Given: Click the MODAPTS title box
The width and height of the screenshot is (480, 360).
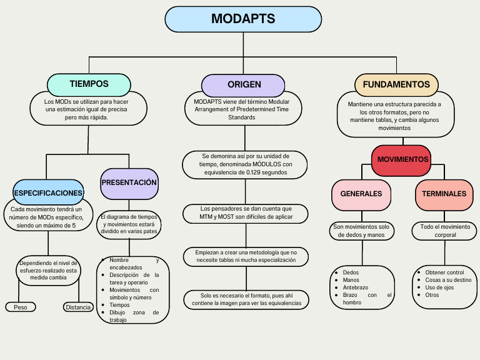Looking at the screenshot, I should (x=243, y=19).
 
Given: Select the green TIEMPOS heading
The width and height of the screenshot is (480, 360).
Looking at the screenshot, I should (x=89, y=84).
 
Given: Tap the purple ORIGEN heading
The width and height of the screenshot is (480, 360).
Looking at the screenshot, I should (x=244, y=84).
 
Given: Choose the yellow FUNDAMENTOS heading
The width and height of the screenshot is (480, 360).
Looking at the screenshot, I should (x=396, y=84).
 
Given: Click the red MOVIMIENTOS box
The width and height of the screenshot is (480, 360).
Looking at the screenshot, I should (x=402, y=159).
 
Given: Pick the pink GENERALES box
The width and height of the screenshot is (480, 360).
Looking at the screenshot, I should (x=361, y=194).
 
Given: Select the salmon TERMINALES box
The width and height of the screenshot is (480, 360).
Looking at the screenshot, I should (x=444, y=194).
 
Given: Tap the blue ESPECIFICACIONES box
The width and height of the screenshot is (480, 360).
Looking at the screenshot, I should (x=48, y=192).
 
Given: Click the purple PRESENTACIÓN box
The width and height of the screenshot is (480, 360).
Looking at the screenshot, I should (x=129, y=182).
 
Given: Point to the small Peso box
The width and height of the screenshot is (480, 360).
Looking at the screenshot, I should (x=21, y=307).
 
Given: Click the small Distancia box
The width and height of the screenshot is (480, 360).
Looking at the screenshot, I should (x=78, y=307).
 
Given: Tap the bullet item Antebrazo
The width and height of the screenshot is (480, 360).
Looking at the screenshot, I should (x=356, y=287).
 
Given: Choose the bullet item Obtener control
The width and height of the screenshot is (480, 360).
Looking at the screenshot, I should (x=444, y=272).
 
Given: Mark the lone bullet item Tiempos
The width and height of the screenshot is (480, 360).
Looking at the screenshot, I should (x=119, y=305).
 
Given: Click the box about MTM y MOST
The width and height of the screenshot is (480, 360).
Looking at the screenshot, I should (x=246, y=212).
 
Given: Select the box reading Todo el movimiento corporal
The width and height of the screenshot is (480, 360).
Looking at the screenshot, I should (x=446, y=231).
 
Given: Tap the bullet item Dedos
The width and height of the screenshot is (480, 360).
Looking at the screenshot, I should (x=351, y=272).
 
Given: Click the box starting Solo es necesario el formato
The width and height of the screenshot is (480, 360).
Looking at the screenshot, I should (x=246, y=299).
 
